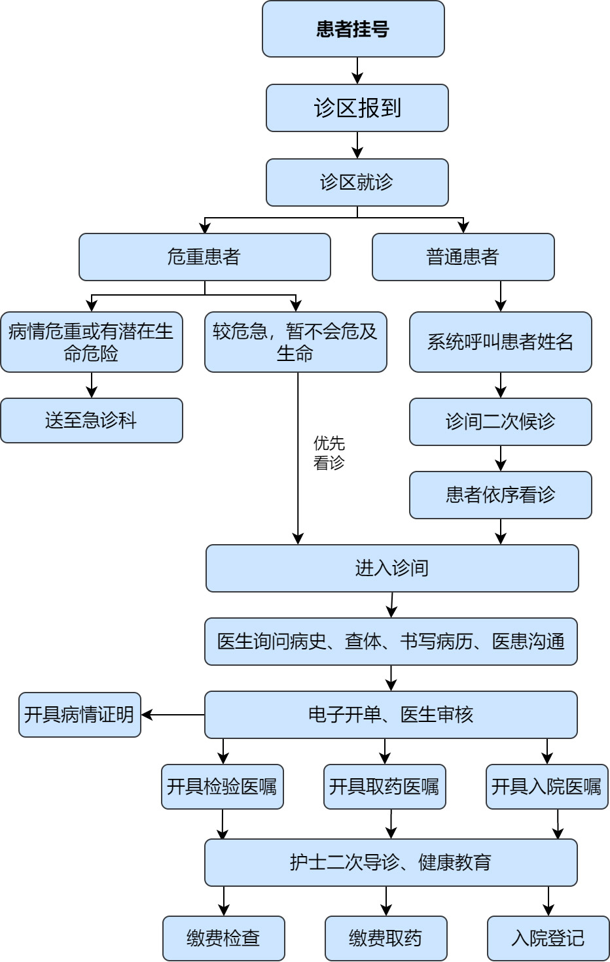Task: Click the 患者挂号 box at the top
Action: [x=353, y=29]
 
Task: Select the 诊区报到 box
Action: [x=357, y=108]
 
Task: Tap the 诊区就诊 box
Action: [x=357, y=182]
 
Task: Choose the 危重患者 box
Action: [x=204, y=257]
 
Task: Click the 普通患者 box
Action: [x=463, y=257]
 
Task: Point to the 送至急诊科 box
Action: [x=91, y=421]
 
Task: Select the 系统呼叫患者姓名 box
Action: [x=500, y=342]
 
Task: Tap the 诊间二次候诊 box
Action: [x=500, y=422]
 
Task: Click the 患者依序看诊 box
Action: [x=500, y=495]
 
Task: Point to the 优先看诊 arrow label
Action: [x=329, y=453]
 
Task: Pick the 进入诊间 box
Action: [x=391, y=568]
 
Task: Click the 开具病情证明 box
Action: [x=79, y=715]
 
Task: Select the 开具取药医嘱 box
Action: [x=384, y=787]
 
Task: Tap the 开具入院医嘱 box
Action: [x=547, y=787]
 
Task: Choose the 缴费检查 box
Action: [x=223, y=938]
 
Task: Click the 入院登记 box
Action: [x=548, y=938]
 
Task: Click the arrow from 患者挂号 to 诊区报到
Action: [x=357, y=71]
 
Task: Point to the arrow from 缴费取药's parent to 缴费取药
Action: [x=386, y=901]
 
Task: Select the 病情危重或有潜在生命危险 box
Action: [x=91, y=342]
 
